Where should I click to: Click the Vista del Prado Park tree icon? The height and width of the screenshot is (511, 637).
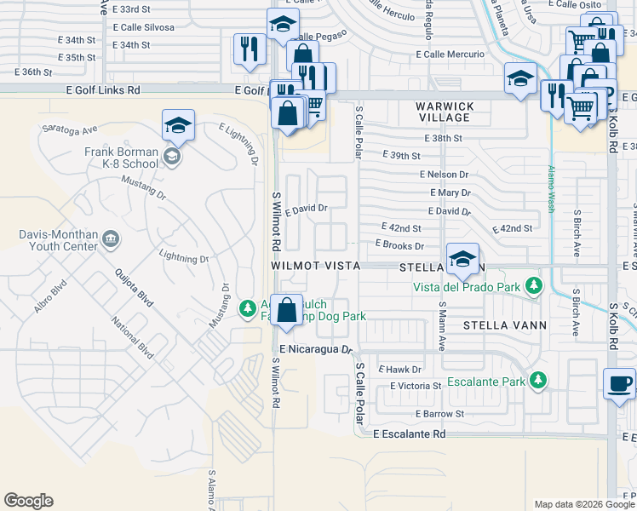coord(534,285)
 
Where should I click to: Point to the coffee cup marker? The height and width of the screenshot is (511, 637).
coord(619,383)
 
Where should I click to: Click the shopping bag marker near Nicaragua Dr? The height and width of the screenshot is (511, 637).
coord(288,312)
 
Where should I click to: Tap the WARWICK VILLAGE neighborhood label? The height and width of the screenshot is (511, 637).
coord(444,112)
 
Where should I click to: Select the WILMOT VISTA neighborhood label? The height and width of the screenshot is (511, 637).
coord(316,266)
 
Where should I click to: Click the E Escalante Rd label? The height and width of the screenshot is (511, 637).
coord(410,433)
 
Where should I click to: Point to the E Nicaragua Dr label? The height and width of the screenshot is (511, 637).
coord(315,349)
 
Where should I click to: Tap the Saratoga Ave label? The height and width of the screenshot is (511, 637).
coord(71,129)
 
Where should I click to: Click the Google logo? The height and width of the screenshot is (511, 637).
coord(28,501)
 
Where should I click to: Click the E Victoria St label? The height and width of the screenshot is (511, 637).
coord(416,386)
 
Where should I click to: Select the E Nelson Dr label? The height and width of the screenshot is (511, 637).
coord(444,175)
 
